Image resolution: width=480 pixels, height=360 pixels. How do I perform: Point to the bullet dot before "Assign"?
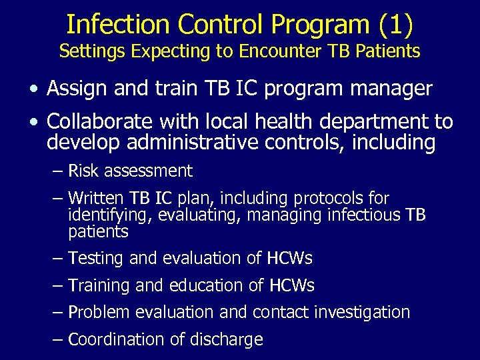point(33,89)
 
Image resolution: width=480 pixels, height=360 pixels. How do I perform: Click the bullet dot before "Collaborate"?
point(33,123)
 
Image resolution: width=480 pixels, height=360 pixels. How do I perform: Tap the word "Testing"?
point(97,258)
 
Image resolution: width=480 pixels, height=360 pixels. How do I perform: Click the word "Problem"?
point(99,312)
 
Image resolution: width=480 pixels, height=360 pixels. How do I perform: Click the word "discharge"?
point(226,340)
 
